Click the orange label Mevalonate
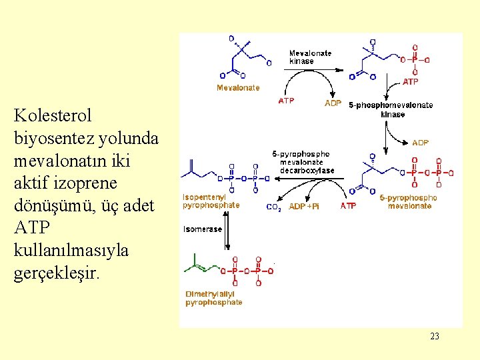[x=238, y=88]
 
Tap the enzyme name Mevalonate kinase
[x=310, y=57]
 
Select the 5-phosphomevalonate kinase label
[x=391, y=109]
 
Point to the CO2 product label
[x=274, y=207]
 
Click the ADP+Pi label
[x=303, y=207]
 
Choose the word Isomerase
[x=203, y=229]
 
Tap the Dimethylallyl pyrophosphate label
[x=214, y=298]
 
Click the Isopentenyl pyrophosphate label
[x=211, y=201]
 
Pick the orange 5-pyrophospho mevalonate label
[x=408, y=202]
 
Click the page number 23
[x=435, y=336]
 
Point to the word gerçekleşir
[x=57, y=274]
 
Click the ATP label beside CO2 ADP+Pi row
[x=348, y=207]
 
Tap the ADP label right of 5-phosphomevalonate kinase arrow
[x=421, y=143]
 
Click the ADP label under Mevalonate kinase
[x=332, y=103]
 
